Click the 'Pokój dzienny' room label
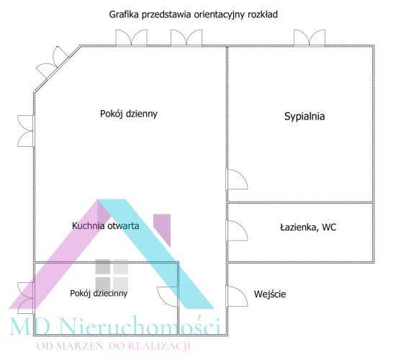coord(129,114)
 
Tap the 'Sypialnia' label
coord(305,117)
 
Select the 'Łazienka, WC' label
coord(308,228)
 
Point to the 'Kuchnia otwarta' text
coord(106,225)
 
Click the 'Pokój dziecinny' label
coord(99,293)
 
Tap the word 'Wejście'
coord(270,294)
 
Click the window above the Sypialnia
coord(310,38)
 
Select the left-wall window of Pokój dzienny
coord(25,131)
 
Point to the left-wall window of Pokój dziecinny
coord(25,296)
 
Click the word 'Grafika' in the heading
coord(124,14)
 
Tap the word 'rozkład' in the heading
coord(263,14)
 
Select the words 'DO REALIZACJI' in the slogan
coord(149,346)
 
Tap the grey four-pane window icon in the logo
coord(112,275)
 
